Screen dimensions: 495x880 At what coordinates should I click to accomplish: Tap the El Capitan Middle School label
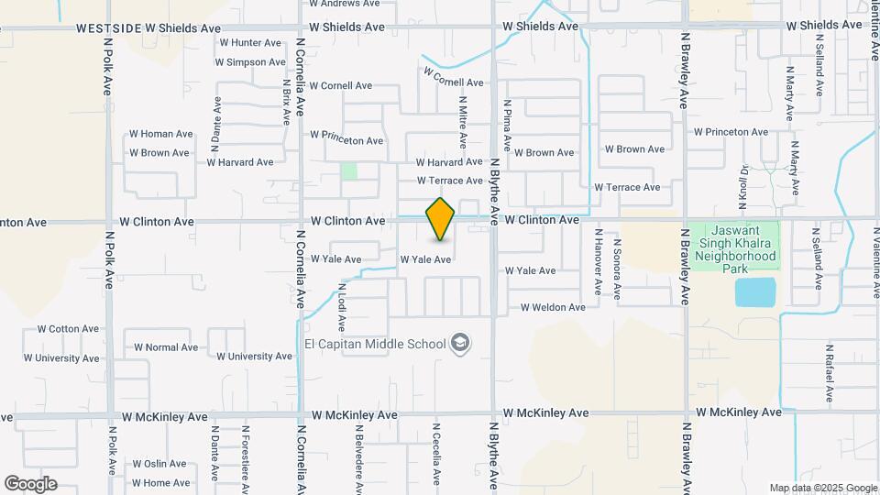375,345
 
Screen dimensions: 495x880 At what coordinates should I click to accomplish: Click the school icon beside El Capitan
460,345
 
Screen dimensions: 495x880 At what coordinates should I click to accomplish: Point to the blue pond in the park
755,292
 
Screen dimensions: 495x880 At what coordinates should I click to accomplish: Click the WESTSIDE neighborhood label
109,28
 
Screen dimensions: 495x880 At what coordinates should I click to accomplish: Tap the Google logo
30,483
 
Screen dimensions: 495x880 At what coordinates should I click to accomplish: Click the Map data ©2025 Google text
823,488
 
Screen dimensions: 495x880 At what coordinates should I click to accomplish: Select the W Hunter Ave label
250,43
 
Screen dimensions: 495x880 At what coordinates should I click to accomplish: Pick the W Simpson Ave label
250,62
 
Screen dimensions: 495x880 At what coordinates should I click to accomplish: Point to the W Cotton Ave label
68,329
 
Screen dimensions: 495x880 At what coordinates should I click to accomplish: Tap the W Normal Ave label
166,347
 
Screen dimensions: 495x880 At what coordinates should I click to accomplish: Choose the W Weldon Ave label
553,308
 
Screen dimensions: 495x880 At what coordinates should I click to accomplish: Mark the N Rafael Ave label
829,374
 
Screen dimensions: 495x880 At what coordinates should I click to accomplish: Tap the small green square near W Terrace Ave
348,170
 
